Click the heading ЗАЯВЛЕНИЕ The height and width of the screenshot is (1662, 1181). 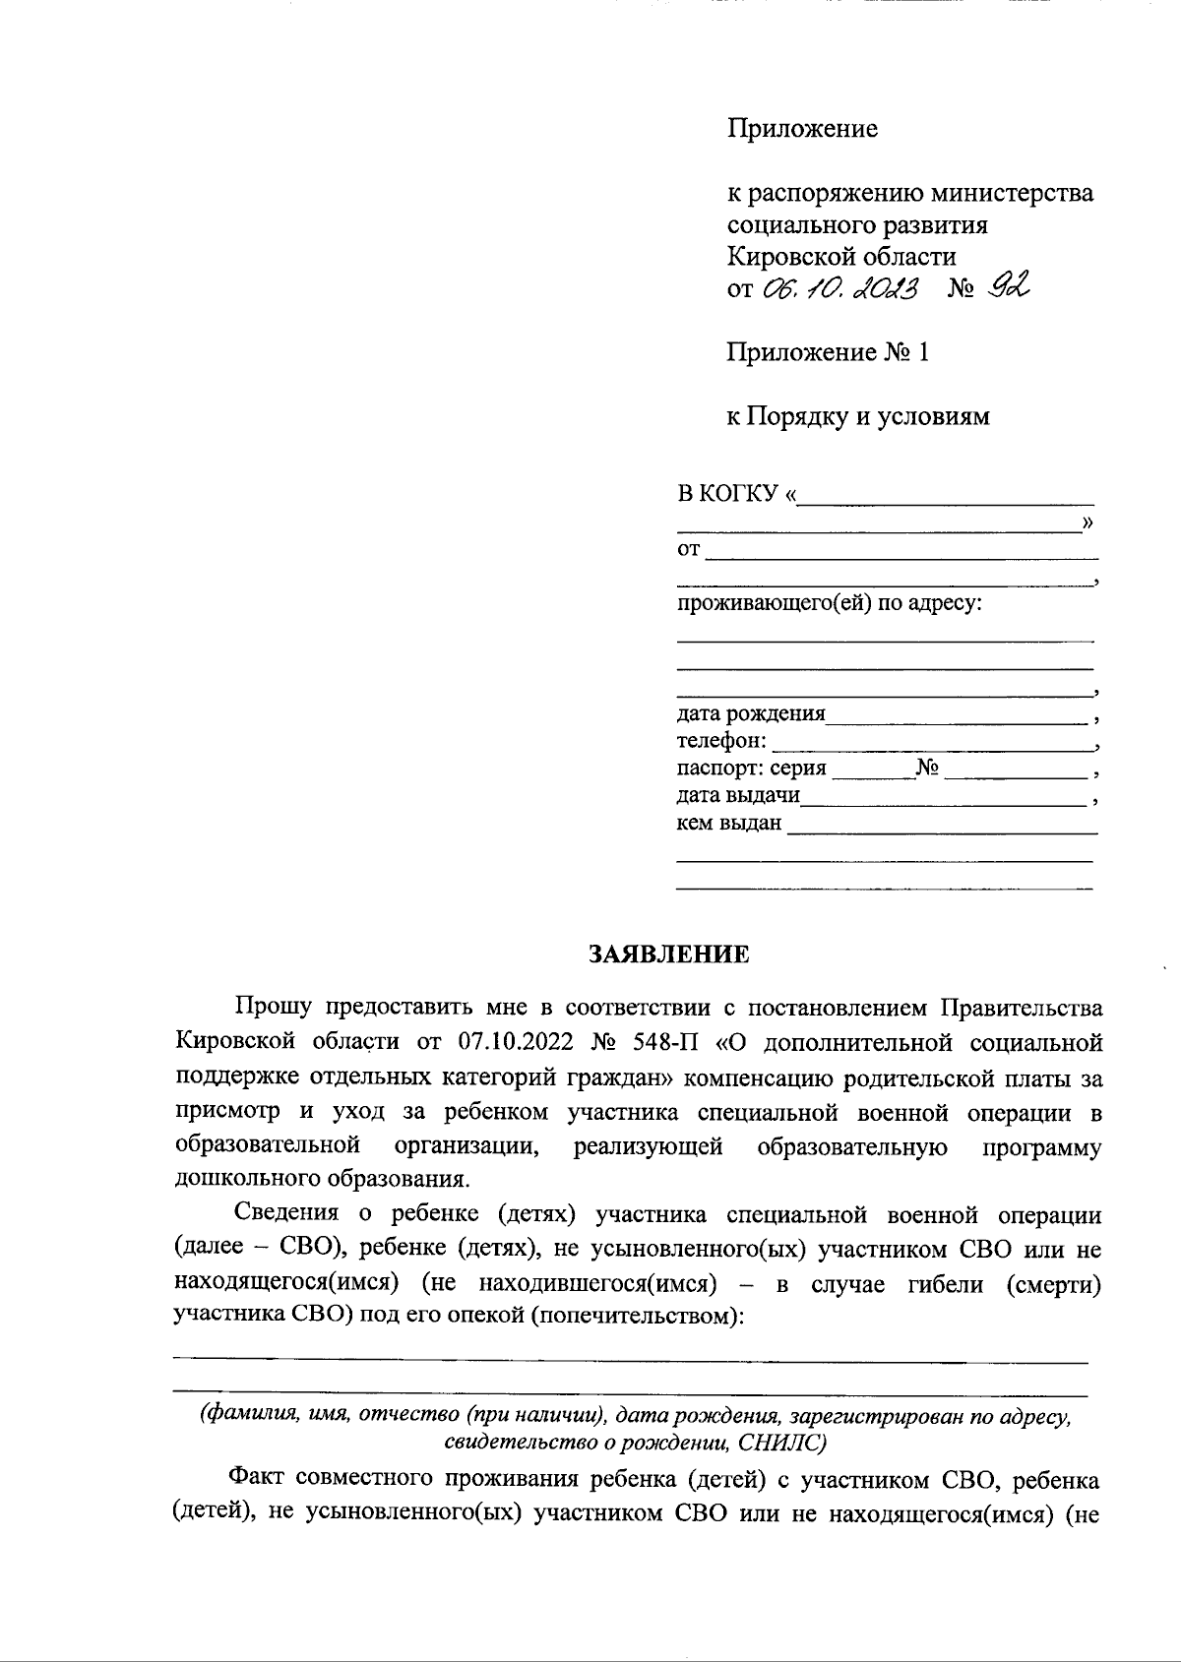668,954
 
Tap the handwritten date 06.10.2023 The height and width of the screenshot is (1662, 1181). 839,288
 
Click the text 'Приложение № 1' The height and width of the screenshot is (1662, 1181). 827,352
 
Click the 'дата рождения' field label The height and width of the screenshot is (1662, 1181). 751,713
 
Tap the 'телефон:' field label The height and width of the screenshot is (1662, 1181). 721,740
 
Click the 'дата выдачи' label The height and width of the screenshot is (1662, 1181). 738,795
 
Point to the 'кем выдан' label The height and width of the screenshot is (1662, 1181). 728,823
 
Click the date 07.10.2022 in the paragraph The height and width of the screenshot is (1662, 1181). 516,1042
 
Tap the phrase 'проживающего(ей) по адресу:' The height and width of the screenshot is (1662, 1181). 829,602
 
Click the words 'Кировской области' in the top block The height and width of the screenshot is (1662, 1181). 840,257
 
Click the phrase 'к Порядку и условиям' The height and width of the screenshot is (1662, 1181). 857,416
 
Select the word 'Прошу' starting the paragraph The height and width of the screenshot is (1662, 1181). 274,1008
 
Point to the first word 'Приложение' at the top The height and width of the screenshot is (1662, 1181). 801,129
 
